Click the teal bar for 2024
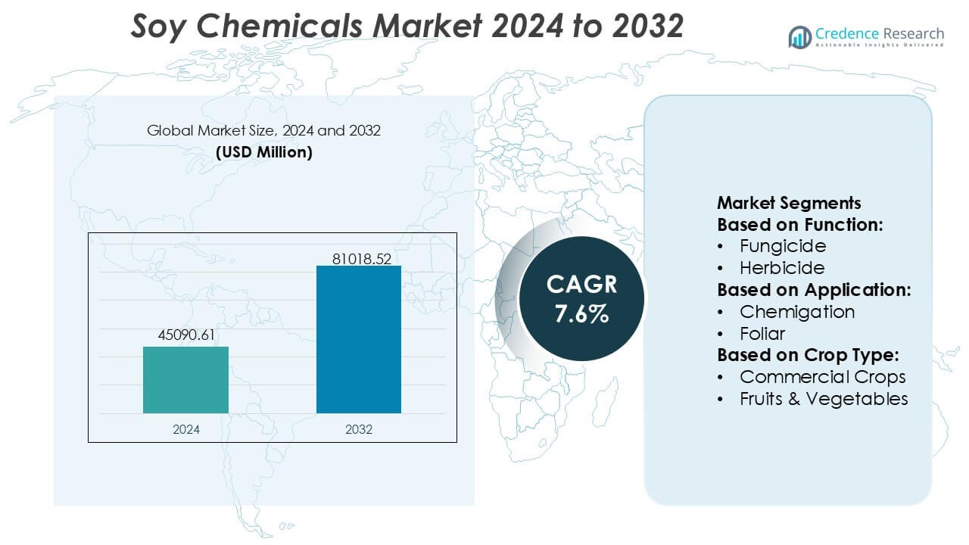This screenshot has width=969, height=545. click(x=185, y=380)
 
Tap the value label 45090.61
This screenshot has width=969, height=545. click(x=185, y=335)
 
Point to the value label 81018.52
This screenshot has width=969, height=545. click(x=361, y=259)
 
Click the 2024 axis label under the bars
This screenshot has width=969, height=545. click(x=185, y=429)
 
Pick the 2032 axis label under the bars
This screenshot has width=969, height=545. click(x=359, y=429)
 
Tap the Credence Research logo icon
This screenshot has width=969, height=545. click(x=799, y=36)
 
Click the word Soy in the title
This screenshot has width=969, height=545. click(x=157, y=26)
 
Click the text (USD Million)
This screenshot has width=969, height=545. click(x=263, y=152)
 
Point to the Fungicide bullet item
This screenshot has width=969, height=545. click(x=783, y=246)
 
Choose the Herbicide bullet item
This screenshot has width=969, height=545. click(x=782, y=268)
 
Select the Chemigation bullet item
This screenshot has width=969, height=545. click(x=797, y=312)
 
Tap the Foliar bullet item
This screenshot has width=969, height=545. click(x=762, y=334)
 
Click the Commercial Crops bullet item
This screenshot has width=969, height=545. click(x=822, y=377)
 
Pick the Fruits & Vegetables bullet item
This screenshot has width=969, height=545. click(x=824, y=399)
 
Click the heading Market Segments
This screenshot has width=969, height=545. click(x=789, y=203)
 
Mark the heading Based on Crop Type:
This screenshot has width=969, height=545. click(x=805, y=355)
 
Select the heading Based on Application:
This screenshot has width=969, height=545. click(x=814, y=290)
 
